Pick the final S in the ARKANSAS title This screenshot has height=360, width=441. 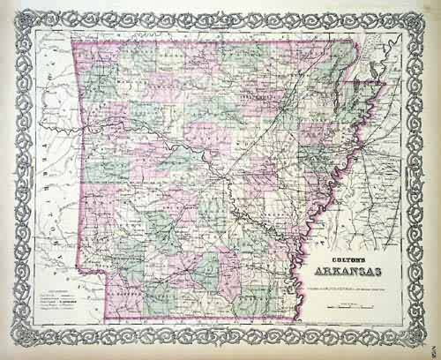pyautogui.click(x=389, y=262)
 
